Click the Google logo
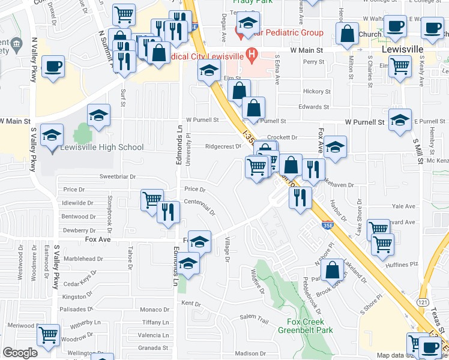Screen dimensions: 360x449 [x=20, y=353]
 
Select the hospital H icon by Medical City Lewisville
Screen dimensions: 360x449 [x=252, y=57]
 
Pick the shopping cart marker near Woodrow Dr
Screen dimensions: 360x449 [x=48, y=335]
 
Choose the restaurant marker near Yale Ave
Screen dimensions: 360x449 [x=300, y=197]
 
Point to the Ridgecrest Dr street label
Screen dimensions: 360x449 [x=223, y=146]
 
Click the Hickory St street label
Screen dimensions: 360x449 [x=317, y=92]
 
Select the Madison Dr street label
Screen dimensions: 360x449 [x=250, y=353]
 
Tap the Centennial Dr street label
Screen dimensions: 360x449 [x=200, y=208]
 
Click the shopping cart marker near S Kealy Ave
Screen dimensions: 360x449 [x=400, y=67]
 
